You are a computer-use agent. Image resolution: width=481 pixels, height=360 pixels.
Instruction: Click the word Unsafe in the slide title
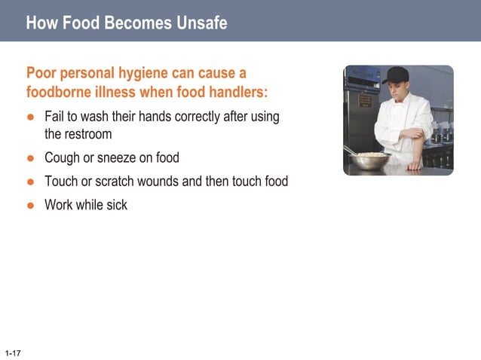tap(201, 23)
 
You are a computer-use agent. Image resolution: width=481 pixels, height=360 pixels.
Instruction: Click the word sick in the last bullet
tap(116, 205)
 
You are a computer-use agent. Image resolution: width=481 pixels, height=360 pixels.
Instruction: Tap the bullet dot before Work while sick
tap(31, 205)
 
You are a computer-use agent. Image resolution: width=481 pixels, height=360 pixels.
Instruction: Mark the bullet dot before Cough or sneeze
tap(31, 158)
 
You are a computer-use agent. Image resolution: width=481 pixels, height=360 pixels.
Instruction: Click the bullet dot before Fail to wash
tap(31, 117)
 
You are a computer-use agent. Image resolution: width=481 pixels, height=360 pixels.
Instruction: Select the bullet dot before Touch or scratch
tap(31, 182)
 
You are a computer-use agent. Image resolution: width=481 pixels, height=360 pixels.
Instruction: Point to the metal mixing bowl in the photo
tap(372, 161)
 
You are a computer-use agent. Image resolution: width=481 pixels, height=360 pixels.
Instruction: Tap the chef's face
tap(396, 90)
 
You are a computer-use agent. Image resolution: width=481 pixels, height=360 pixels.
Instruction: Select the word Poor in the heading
tap(42, 74)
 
